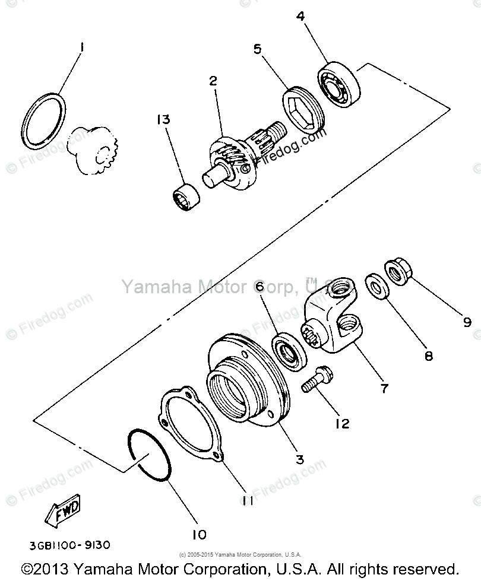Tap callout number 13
(164, 120)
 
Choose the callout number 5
(258, 49)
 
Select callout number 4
(301, 16)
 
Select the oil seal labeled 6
(289, 354)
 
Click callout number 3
(300, 459)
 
